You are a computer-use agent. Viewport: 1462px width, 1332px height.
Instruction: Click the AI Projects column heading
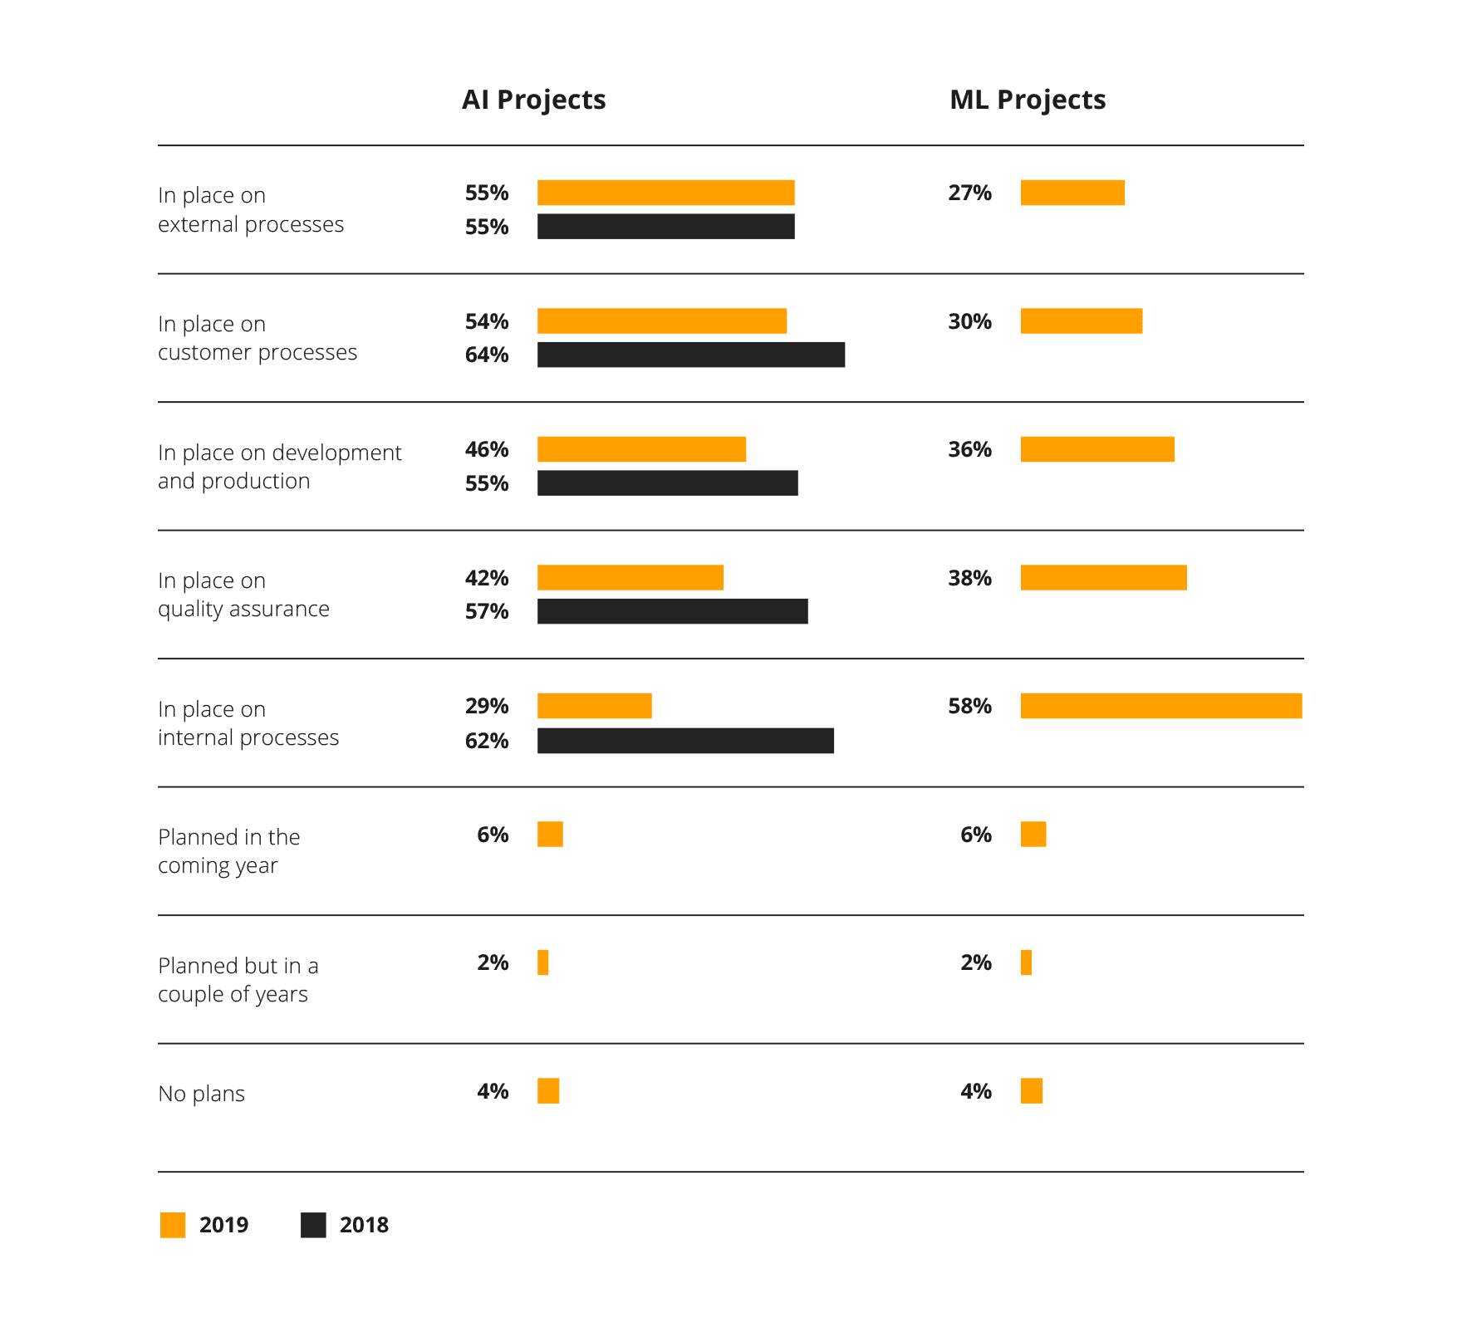533,100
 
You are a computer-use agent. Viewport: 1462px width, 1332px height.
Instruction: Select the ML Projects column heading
1028,100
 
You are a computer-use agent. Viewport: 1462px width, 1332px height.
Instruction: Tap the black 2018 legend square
313,1225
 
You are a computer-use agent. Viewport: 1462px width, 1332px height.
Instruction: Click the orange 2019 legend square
173,1225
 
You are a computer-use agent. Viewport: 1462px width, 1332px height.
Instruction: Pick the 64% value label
487,355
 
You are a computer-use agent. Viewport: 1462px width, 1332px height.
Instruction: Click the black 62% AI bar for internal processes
685,741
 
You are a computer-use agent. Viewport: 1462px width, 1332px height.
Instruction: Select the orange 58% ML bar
1161,706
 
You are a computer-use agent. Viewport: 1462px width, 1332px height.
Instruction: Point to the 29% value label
487,706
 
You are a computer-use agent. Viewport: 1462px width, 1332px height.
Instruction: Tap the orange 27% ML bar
1072,193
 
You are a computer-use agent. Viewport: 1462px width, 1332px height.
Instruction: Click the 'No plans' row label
201,1094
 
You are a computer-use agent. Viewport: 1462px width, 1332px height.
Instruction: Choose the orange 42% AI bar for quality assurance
630,577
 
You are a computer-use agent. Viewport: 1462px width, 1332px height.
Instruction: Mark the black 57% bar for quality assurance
672,611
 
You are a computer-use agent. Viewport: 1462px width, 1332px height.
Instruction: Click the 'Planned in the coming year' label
228,850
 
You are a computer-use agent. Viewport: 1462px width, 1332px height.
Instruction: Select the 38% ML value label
970,578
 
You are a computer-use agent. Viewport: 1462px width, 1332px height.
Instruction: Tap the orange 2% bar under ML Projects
1026,962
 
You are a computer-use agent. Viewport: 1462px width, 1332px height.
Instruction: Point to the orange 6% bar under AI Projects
550,834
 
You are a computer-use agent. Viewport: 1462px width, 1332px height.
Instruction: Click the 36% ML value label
970,449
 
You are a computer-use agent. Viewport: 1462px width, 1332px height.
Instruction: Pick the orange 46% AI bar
641,449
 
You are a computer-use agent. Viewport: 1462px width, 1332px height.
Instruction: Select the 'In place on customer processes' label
258,338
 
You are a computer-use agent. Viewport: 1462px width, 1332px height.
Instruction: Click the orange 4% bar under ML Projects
1032,1090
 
